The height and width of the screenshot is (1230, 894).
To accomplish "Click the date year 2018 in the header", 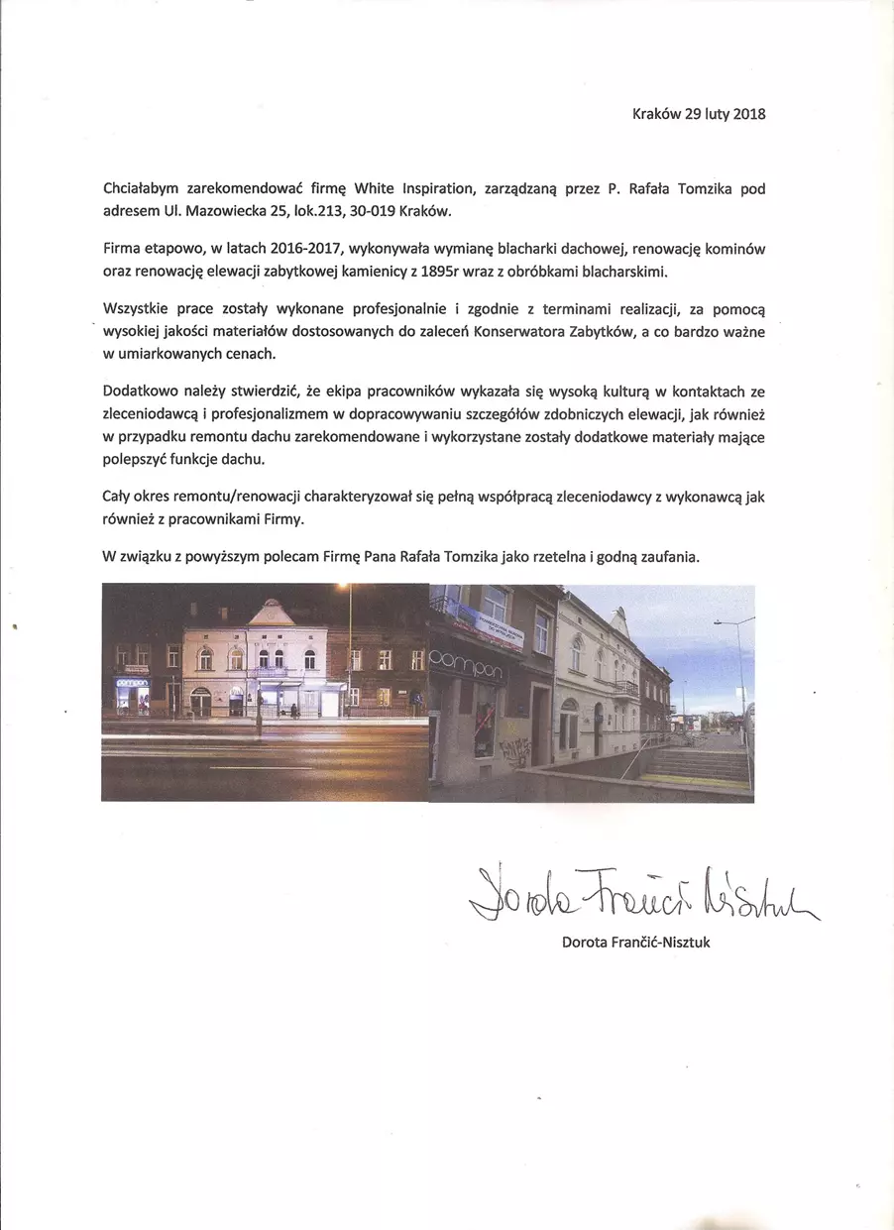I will point(747,114).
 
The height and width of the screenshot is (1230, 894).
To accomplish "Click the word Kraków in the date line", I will point(656,114).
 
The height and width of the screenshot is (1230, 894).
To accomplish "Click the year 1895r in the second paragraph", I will point(417,272).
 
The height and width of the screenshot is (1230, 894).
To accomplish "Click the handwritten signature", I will point(635,894).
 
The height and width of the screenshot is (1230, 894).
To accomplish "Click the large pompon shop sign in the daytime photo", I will point(467,671).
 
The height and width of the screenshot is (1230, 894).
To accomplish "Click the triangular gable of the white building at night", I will point(270,615).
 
